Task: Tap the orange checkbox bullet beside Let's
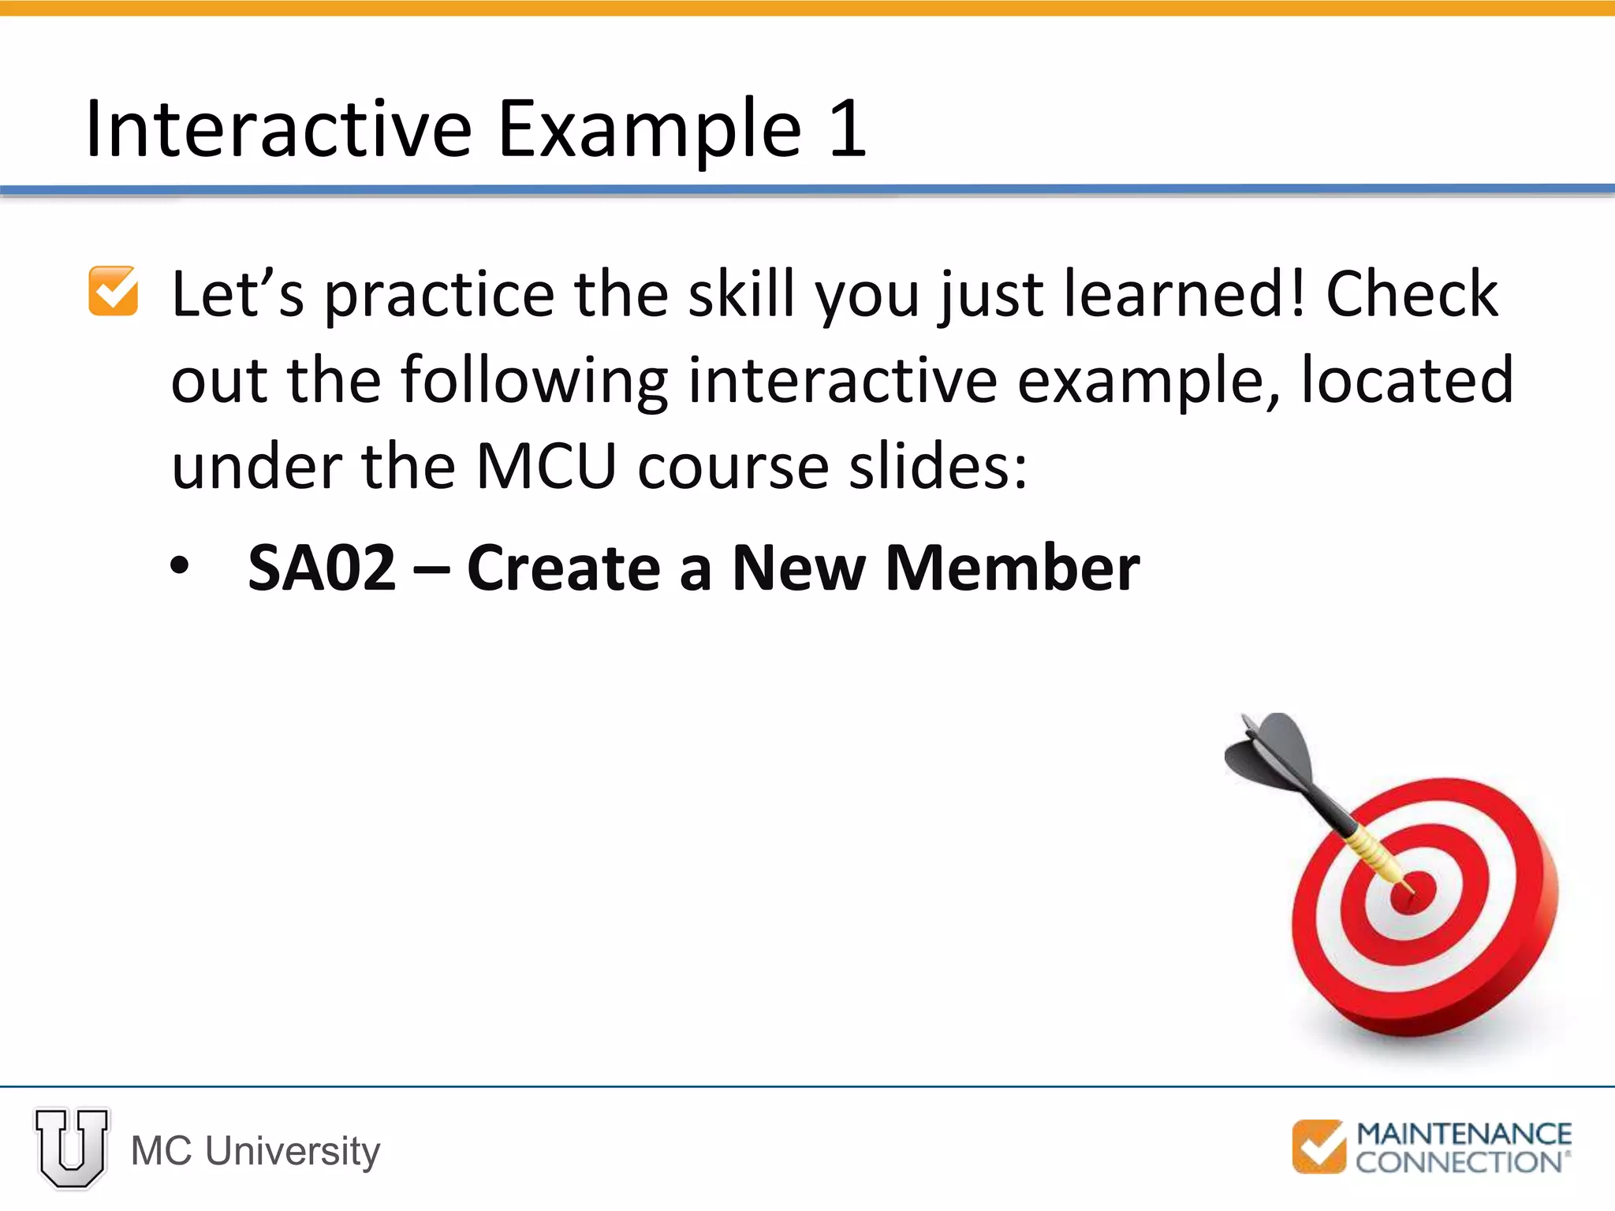click(x=113, y=291)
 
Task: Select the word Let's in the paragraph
click(x=237, y=294)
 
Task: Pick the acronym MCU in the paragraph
click(x=546, y=467)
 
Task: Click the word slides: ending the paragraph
click(x=938, y=467)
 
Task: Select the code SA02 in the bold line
click(x=322, y=568)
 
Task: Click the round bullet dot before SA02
click(x=180, y=566)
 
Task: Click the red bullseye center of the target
click(x=1408, y=894)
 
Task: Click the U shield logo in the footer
click(x=72, y=1147)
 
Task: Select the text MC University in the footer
click(x=255, y=1150)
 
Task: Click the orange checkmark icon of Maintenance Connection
click(x=1318, y=1146)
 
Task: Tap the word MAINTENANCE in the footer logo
click(x=1463, y=1134)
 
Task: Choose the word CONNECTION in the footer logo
click(x=1458, y=1162)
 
